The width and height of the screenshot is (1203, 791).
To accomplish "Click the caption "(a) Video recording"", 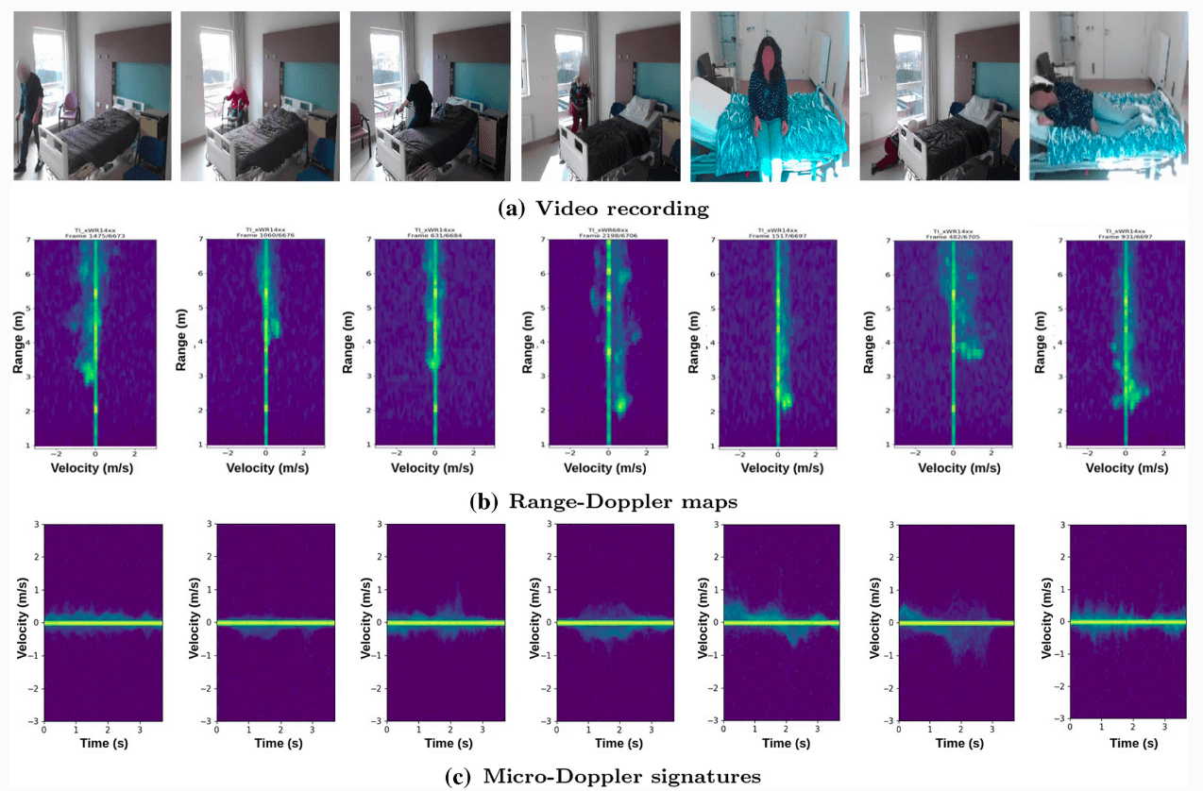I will pyautogui.click(x=603, y=208).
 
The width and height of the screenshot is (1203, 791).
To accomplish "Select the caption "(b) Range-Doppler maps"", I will pyautogui.click(x=603, y=502).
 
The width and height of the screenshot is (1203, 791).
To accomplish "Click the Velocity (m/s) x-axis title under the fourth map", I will pyautogui.click(x=607, y=467).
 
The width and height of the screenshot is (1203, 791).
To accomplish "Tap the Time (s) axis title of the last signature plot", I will pyautogui.click(x=1127, y=743).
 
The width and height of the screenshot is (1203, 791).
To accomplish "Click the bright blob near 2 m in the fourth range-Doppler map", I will pyautogui.click(x=619, y=406).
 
